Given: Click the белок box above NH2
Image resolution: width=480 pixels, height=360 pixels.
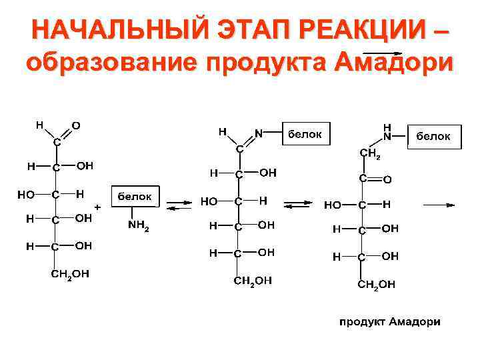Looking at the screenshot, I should [x=135, y=197].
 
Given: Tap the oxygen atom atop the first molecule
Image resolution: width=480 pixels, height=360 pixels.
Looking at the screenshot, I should [x=76, y=125].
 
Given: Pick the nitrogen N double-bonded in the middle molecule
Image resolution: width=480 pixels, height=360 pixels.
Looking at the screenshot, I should [x=258, y=133].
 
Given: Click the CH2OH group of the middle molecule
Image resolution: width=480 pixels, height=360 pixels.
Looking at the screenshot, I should [x=253, y=281].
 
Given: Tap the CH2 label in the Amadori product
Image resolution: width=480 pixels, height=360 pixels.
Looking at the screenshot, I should [x=370, y=155].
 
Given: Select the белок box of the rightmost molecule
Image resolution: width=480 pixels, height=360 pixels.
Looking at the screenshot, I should [x=433, y=136].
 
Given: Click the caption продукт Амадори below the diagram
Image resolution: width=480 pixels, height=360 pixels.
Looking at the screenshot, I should [x=391, y=322].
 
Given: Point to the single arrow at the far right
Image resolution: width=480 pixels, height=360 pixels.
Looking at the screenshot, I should [x=439, y=205].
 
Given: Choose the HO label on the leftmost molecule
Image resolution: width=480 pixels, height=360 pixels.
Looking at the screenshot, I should [x=26, y=195].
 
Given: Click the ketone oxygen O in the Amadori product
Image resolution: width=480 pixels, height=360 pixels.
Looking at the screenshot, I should [x=387, y=179].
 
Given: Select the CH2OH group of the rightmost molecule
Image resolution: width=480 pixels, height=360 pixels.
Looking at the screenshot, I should [x=377, y=285].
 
